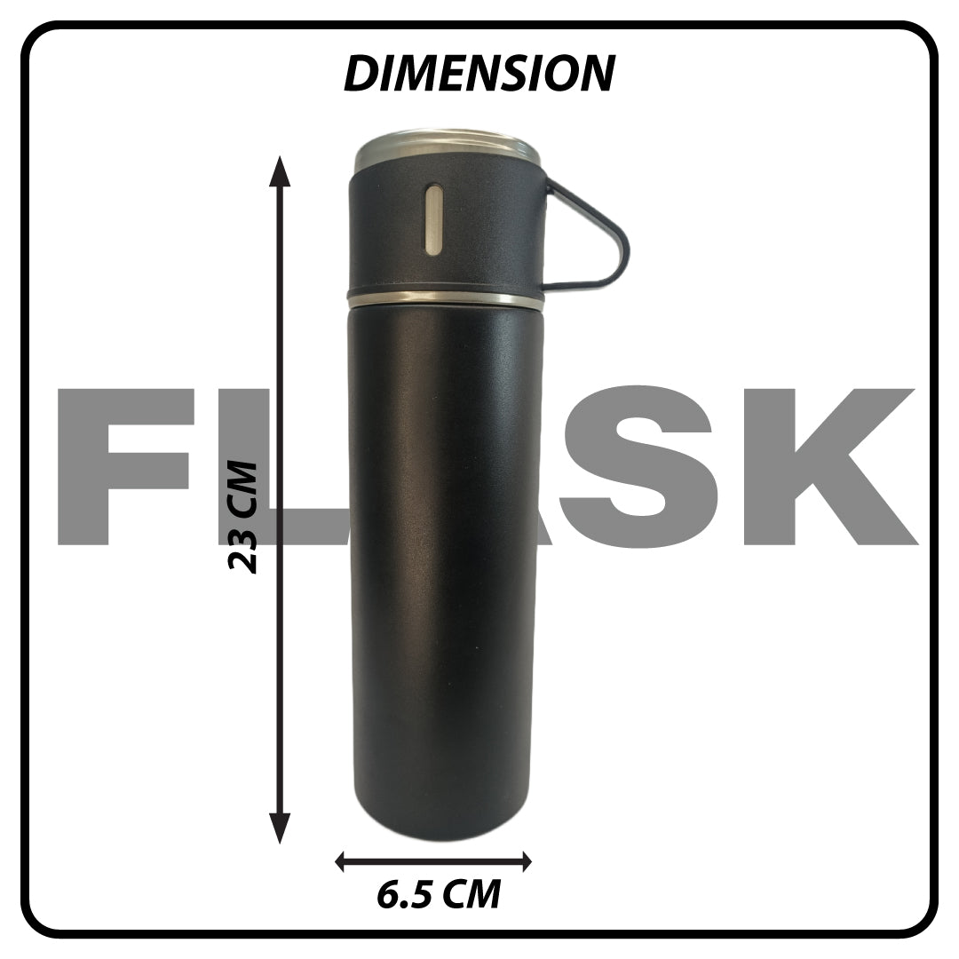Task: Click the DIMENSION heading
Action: tap(479, 74)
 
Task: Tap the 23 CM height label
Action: tap(242, 517)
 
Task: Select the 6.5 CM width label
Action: tap(439, 894)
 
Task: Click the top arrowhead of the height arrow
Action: tap(280, 171)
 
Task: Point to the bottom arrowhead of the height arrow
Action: tap(280, 828)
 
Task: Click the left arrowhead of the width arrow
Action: tap(343, 862)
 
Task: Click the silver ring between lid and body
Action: tap(445, 300)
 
